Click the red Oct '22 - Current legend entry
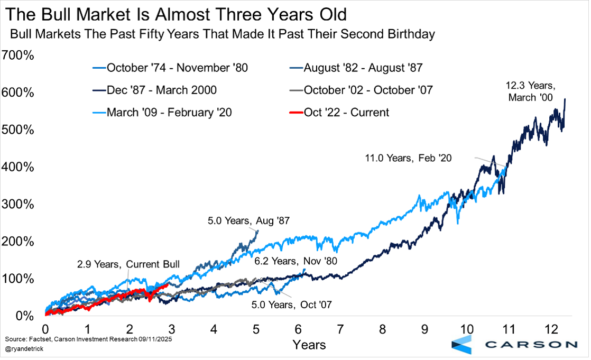click(x=346, y=112)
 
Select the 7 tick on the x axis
click(x=339, y=329)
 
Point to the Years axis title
click(x=310, y=345)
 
